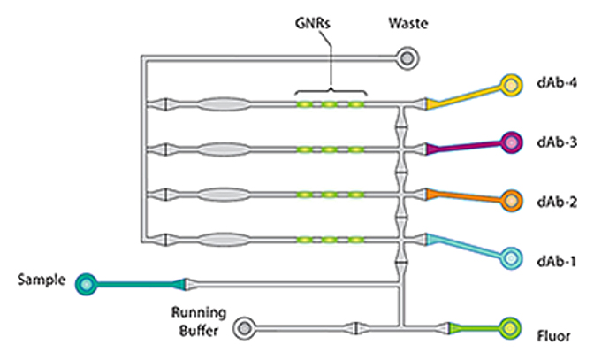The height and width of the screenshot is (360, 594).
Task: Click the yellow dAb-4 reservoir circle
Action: point(510,86)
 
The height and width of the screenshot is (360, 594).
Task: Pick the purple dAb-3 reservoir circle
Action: point(510,142)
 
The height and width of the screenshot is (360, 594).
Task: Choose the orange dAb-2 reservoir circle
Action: point(510,200)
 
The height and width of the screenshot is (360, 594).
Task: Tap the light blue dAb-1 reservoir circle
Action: point(510,259)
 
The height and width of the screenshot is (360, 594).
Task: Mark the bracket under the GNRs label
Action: point(331,89)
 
